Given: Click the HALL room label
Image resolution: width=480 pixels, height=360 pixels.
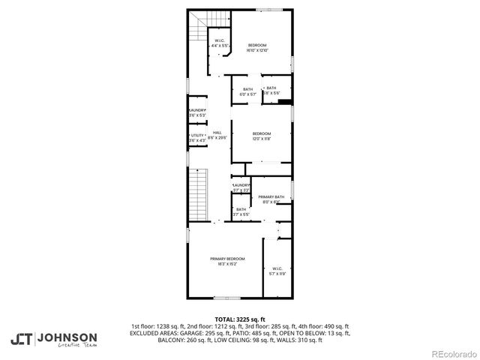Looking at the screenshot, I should point(217,133).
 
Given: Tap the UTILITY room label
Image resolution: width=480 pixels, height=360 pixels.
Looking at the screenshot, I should point(197,135).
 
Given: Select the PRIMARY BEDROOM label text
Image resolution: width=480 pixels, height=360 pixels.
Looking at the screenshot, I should point(226,259).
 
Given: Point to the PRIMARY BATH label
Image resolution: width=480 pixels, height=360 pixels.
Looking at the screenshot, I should point(271,196).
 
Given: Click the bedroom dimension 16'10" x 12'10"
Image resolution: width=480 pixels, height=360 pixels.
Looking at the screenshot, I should point(257,50).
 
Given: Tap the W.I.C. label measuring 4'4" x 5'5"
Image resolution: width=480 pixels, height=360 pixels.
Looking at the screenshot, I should point(219,46).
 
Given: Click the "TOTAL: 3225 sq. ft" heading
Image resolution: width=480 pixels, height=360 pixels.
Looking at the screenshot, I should point(240,319).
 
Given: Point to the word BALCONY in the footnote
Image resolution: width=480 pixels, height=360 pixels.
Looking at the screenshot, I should point(145,340).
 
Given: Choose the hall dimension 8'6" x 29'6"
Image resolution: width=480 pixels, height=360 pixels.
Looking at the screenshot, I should point(217,138).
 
